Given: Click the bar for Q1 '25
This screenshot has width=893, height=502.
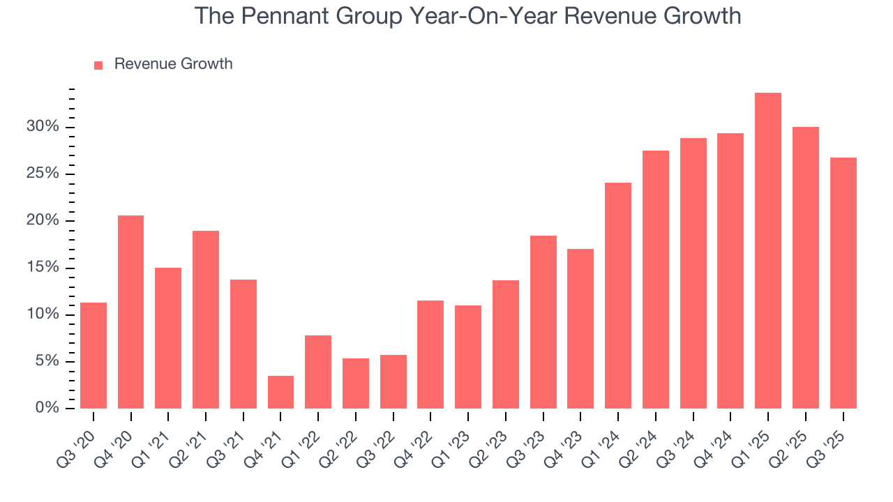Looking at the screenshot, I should point(767,251).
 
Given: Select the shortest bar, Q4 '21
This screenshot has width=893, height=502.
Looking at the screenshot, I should point(280,393).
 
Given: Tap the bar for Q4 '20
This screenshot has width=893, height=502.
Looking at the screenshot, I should point(130,312).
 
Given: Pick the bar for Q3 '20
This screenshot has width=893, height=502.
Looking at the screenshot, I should point(93,356).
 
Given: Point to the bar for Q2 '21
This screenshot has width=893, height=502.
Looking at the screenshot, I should point(206,319).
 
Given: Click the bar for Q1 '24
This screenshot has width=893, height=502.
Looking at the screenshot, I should point(617,296).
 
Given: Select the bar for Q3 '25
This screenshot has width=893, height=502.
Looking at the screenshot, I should point(843,283).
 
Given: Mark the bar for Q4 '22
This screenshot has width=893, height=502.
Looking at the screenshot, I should point(430,354).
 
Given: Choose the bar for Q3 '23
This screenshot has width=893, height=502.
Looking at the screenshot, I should point(543,322).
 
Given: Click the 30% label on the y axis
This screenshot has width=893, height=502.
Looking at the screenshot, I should point(43,127).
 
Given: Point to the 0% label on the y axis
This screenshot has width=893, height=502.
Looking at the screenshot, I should point(47,408).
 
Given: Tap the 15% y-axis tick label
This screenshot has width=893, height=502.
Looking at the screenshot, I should point(43,268).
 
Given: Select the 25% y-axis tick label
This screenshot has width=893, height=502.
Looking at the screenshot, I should point(43,174).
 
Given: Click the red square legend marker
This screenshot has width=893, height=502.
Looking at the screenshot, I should point(98,65).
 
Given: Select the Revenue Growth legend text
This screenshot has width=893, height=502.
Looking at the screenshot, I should point(173,64).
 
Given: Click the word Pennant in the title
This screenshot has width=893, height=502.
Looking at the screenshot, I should point(279,15).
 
